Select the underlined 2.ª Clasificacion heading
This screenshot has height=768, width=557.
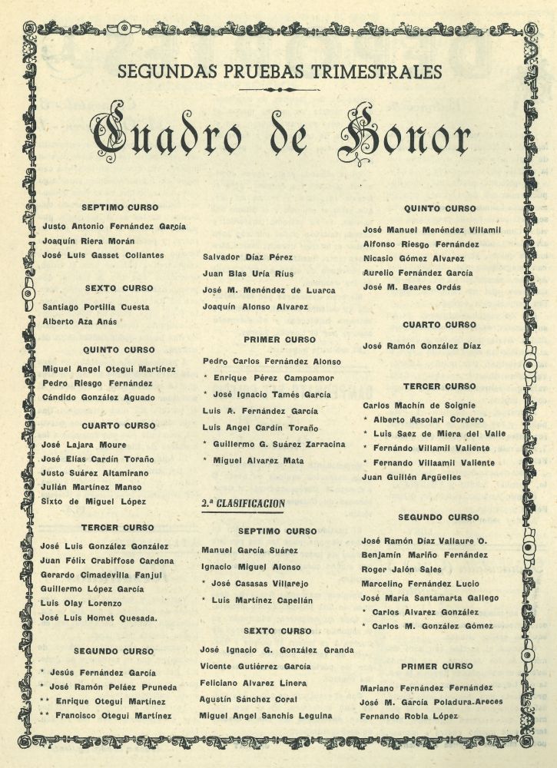(x=243, y=504)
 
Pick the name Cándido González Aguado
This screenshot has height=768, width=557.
(x=98, y=397)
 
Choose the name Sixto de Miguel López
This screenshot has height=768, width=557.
(x=94, y=502)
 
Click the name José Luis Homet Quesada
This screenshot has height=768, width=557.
(x=100, y=617)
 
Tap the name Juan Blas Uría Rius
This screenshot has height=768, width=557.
(x=247, y=273)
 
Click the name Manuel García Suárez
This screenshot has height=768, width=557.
(x=248, y=550)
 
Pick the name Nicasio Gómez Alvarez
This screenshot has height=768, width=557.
(x=413, y=258)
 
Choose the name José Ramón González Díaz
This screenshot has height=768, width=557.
(x=422, y=346)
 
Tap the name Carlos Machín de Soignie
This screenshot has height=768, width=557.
(x=419, y=405)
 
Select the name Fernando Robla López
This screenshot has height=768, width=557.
(x=409, y=717)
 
